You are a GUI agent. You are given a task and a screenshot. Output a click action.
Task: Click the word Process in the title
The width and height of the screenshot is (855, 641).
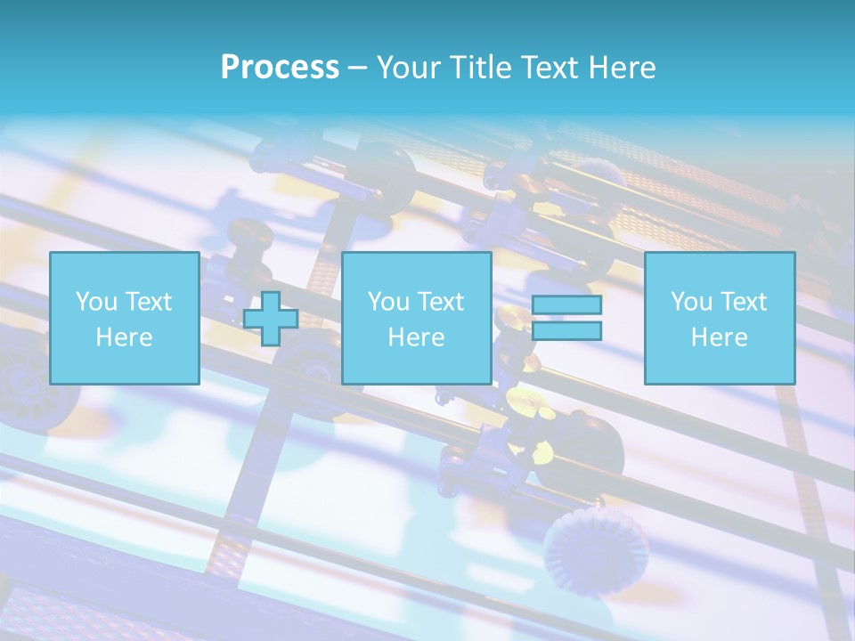(x=280, y=68)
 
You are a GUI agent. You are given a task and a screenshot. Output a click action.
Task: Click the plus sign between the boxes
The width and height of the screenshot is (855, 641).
(x=271, y=319)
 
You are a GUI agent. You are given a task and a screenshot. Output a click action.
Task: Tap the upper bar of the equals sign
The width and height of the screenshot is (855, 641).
(x=566, y=304)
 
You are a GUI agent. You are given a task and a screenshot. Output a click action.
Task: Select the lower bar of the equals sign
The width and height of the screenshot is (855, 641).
(x=566, y=331)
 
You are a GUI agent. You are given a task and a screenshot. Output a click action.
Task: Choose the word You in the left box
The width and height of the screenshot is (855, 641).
(x=96, y=302)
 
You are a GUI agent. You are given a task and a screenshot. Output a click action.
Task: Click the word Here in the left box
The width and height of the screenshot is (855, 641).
(x=124, y=337)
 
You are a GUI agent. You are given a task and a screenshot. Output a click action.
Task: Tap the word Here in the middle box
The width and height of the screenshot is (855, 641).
(x=416, y=337)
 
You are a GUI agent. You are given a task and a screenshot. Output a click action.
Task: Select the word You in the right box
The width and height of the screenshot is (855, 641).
(x=691, y=302)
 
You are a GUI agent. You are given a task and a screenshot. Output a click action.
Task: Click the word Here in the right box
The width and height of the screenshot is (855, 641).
(x=719, y=337)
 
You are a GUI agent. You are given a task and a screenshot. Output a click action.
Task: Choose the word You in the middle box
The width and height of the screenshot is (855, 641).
(x=388, y=302)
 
